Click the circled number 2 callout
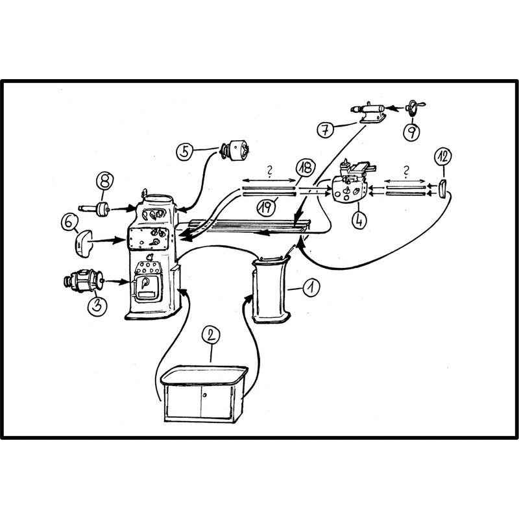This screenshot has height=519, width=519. coord(210,335)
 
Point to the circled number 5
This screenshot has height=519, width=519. coord(185,152)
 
